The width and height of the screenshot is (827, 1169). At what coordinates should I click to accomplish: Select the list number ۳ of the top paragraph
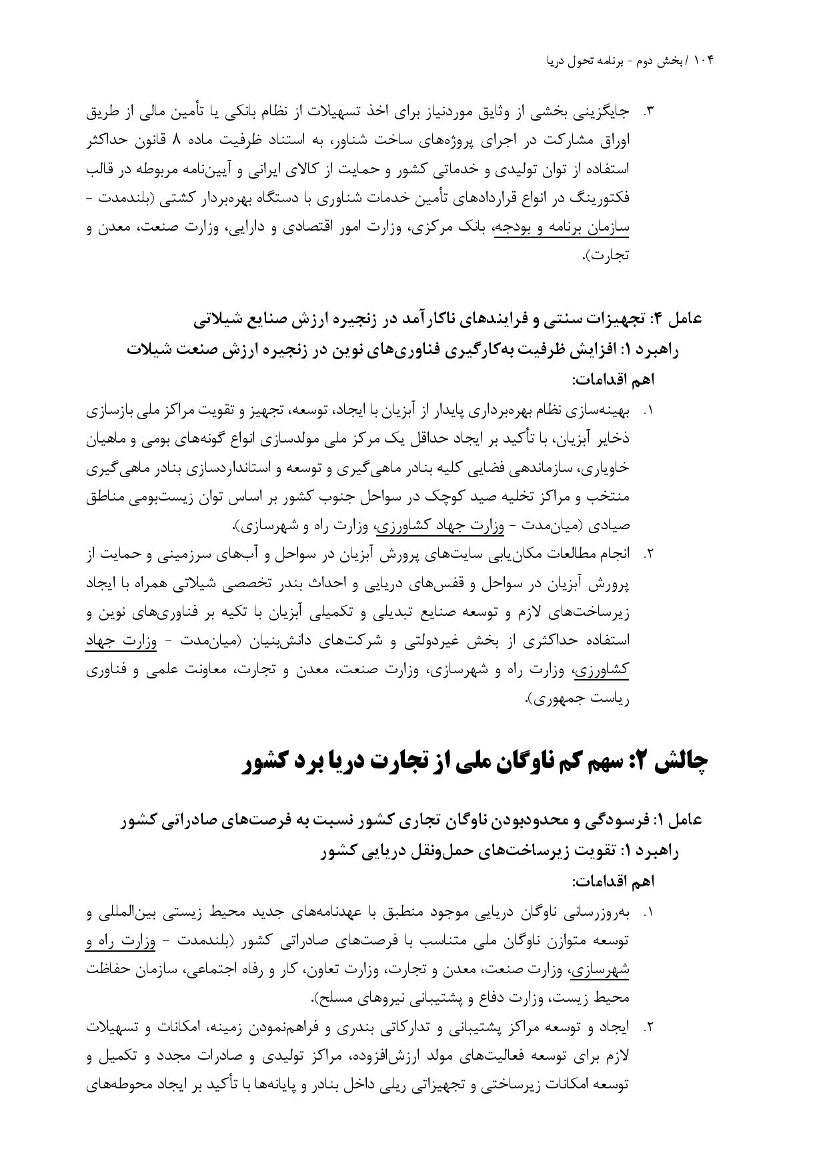(646, 112)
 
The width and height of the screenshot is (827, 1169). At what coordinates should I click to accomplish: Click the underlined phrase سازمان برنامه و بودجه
(561, 227)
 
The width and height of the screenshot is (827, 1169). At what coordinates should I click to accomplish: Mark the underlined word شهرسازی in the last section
(600, 970)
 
